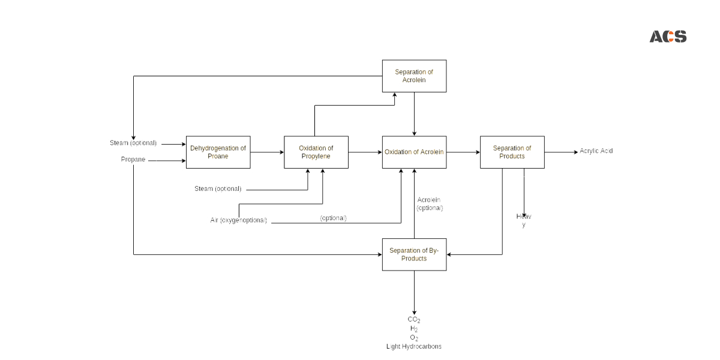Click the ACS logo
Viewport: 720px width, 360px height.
[x=668, y=37]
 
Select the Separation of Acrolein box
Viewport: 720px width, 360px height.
[x=414, y=76]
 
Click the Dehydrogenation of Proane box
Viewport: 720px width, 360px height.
[x=218, y=152]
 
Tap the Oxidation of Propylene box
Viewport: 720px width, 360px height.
[x=316, y=152]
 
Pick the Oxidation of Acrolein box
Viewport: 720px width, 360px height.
[x=414, y=152]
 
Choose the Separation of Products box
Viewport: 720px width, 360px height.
[x=512, y=152]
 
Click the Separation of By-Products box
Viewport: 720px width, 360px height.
[x=414, y=254]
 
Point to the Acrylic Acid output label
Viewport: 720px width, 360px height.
[x=596, y=151]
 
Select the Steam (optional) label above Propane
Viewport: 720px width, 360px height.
[x=133, y=143]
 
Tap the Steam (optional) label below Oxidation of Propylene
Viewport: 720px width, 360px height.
[x=218, y=189]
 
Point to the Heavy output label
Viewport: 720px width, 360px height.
[x=523, y=220]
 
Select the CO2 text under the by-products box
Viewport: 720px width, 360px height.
[x=414, y=320]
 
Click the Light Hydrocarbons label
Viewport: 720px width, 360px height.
[x=414, y=347]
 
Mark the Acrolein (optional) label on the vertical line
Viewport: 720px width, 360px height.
[x=430, y=203]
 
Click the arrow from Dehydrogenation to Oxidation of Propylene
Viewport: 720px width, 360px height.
[x=266, y=152]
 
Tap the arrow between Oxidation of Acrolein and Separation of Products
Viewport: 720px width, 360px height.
[x=463, y=152]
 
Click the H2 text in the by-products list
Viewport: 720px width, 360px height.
[x=414, y=329]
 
